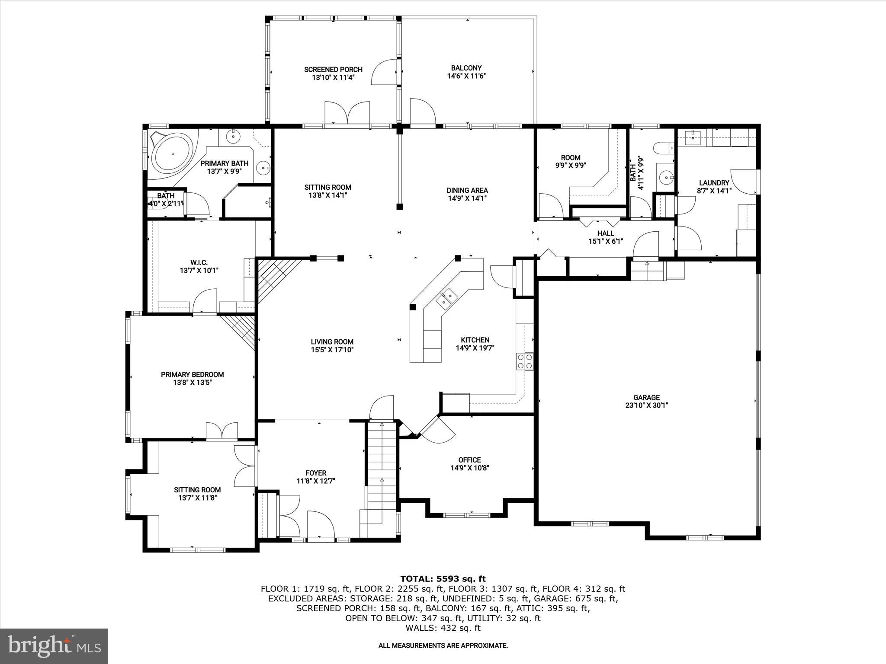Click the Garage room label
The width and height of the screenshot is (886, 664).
[x=646, y=397]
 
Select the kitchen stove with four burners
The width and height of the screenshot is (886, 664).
[x=525, y=361]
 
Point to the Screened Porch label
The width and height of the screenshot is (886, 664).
[x=333, y=70]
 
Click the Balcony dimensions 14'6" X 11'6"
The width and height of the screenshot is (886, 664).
[x=466, y=76]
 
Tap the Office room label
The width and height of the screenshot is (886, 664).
[x=469, y=460]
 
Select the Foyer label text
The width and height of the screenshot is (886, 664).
[x=316, y=473]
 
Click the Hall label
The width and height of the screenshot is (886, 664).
[x=606, y=233]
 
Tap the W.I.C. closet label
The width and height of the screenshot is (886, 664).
[x=199, y=262]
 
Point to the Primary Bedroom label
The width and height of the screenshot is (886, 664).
[x=193, y=374]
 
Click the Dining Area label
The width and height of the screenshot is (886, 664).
[x=467, y=190]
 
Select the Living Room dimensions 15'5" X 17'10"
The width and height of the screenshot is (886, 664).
[x=332, y=350]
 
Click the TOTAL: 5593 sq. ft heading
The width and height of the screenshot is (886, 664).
[x=443, y=579]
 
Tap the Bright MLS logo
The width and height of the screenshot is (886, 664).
[x=54, y=646]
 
